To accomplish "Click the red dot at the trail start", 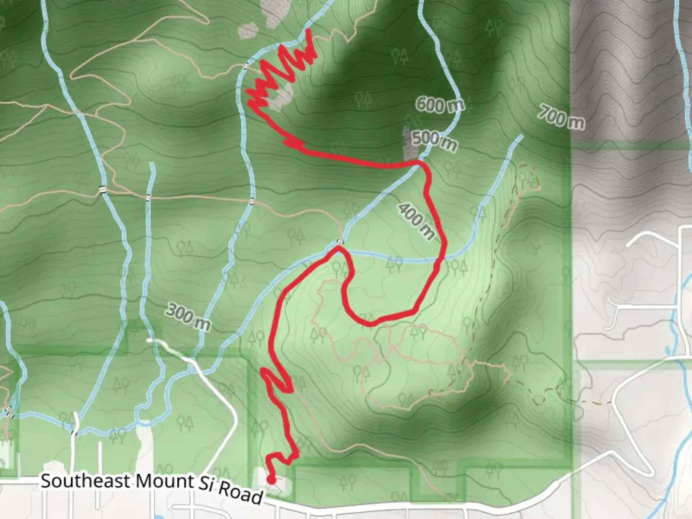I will pos(271,480).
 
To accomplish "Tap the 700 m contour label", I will pos(561,117).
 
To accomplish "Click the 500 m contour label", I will pos(434,140).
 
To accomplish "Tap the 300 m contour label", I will pos(188,317).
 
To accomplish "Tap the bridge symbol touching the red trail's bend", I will pos(340,241).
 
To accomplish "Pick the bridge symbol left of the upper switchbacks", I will pos(246,65).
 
